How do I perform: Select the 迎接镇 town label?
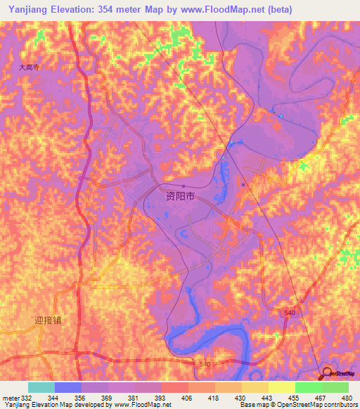coord(48,320)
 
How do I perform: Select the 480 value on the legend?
coord(347,397)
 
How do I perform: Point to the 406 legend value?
coord(186,397)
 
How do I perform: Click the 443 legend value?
coord(266,397)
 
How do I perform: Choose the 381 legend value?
coord(133,397)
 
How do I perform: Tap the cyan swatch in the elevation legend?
coord(41,387)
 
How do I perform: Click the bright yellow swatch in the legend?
coord(281,387)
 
